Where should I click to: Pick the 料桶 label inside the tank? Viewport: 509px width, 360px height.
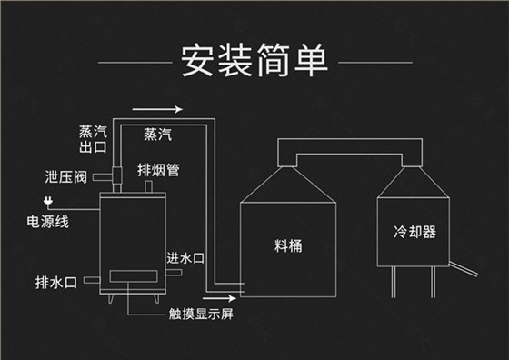287,245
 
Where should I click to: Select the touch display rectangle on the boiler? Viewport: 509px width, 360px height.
131,277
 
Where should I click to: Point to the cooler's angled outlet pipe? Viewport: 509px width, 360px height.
464,268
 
